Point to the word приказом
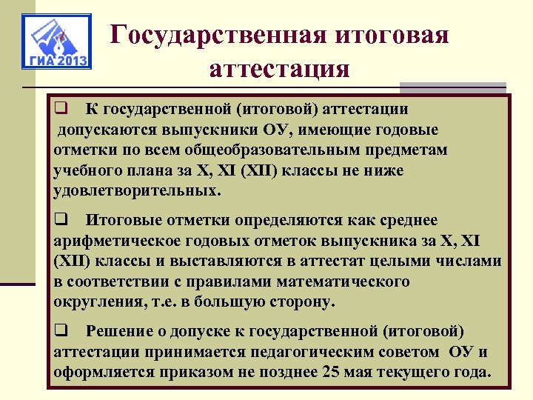(195, 371)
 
